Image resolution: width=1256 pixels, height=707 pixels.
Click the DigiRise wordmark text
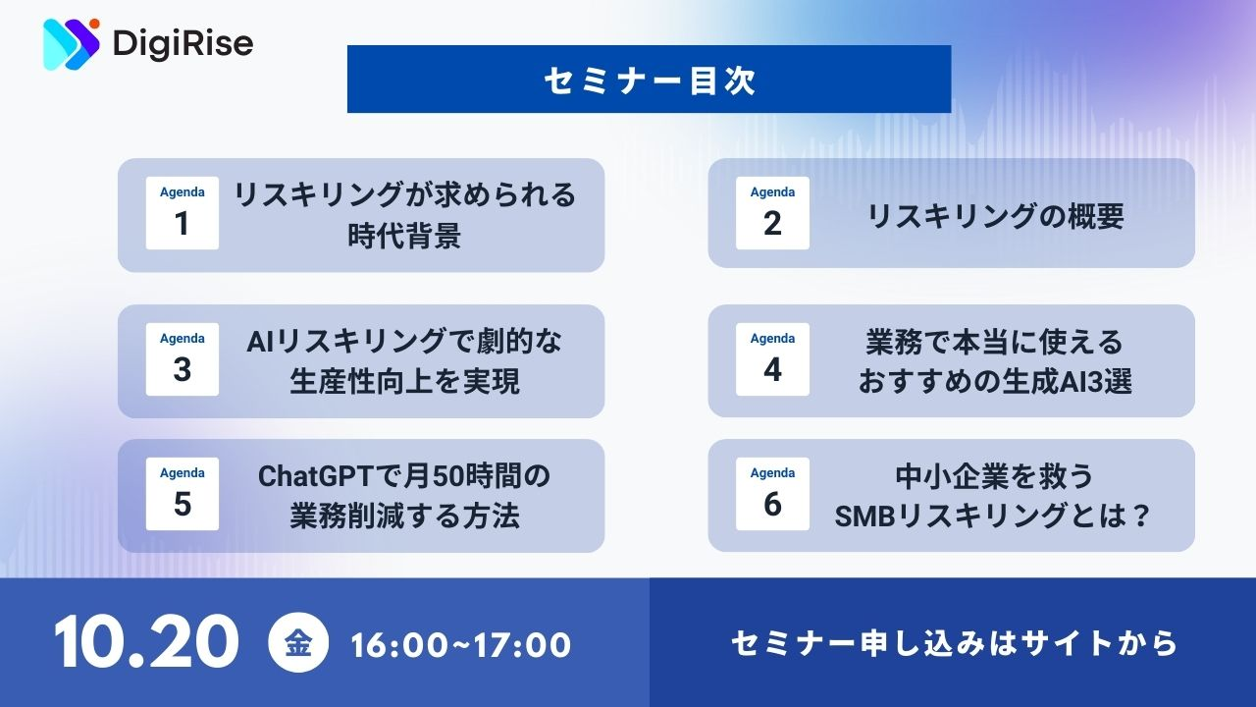pos(183,44)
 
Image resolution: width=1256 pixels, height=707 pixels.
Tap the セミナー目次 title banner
pos(650,80)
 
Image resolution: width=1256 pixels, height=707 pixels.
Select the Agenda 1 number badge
pos(183,213)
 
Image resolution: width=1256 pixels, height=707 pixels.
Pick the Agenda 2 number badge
pos(772,213)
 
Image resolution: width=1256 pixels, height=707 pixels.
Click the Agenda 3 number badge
pos(183,359)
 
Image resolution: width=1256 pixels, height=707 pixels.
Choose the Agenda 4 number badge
pos(772,359)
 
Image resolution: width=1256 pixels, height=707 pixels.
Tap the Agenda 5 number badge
pos(183,494)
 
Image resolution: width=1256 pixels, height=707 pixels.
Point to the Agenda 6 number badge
pos(772,494)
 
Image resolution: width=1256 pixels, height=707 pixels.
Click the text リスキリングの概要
pos(995,216)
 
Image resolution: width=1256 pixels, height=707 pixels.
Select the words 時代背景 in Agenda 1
pos(404,236)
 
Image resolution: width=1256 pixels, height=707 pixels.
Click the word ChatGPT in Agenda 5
pos(316,476)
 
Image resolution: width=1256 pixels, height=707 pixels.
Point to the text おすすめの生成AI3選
pos(995,382)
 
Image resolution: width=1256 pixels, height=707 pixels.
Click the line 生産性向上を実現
pos(404,382)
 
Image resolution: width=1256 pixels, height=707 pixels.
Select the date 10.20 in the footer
pos(147,641)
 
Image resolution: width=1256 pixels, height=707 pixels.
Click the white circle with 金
pos(298,642)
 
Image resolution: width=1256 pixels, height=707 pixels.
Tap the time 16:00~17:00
pos(460,645)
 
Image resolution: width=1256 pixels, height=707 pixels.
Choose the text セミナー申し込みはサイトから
pos(954,643)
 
